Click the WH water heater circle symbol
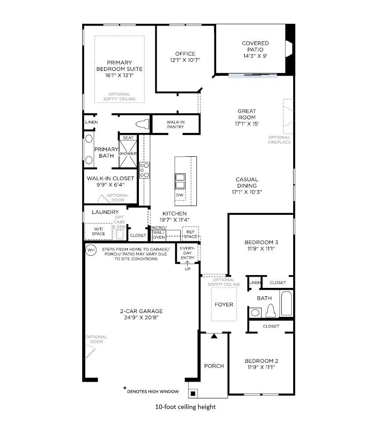click(x=91, y=250)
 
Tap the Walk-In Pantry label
click(x=175, y=124)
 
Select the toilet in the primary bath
click(x=142, y=124)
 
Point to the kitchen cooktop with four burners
click(x=145, y=170)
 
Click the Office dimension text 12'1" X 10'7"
click(x=185, y=60)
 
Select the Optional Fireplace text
click(x=280, y=140)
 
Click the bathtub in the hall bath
click(x=286, y=303)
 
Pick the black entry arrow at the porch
click(x=214, y=336)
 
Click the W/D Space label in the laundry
click(x=98, y=231)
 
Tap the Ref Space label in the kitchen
click(x=190, y=234)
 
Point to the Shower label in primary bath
click(x=127, y=154)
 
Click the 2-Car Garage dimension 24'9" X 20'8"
click(x=138, y=317)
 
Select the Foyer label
click(x=224, y=305)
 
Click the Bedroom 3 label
click(x=261, y=242)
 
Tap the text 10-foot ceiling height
click(x=185, y=407)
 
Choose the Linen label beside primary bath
click(x=91, y=122)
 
